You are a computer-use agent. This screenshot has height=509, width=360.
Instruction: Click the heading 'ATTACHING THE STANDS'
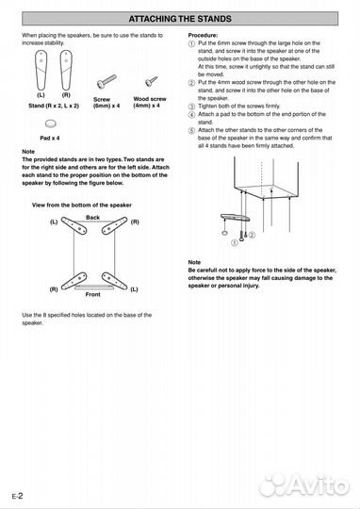[x=180, y=19]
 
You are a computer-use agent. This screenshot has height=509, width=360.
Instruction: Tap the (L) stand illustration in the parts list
[x=41, y=70]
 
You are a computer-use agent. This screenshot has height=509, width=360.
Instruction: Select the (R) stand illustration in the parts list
[x=66, y=70]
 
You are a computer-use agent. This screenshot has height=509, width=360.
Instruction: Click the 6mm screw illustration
[x=106, y=82]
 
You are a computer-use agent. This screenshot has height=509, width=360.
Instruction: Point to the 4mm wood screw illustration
[x=152, y=81]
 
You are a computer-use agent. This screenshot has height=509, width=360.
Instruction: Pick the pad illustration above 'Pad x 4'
[x=50, y=123]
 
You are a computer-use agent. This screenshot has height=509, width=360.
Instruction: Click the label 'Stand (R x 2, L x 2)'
[x=54, y=106]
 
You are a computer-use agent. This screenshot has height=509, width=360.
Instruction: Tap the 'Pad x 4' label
[x=50, y=138]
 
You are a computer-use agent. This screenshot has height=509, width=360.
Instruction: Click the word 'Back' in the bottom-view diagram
[x=93, y=217]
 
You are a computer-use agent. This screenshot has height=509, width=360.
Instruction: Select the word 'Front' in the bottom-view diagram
[x=93, y=294]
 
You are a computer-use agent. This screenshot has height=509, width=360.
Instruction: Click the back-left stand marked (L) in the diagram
[x=74, y=225]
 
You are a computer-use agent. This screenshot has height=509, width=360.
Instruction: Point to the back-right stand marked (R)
[x=114, y=225]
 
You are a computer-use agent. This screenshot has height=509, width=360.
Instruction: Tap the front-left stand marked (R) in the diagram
[x=74, y=281]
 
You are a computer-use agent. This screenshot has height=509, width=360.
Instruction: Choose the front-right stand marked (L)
[x=114, y=281]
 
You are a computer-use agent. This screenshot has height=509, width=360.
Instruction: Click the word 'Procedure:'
[x=203, y=35]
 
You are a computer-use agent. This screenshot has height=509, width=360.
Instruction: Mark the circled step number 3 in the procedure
[x=192, y=107]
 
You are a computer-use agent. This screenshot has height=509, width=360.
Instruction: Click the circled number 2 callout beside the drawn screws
[x=252, y=235]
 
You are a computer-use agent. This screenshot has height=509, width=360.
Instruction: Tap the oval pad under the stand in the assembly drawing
[x=224, y=233]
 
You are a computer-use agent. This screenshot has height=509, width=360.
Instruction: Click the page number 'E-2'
[x=18, y=496]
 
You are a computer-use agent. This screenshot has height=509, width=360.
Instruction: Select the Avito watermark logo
[x=303, y=485]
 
